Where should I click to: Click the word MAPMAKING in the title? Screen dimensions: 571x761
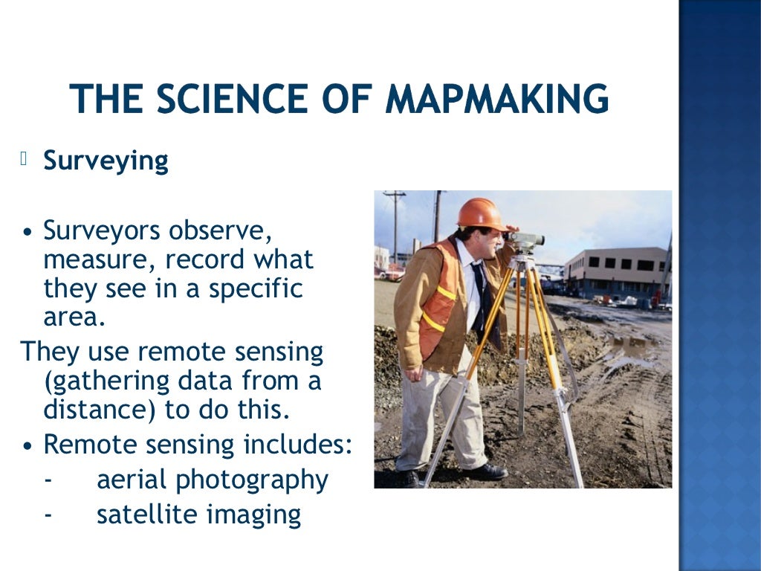pyautogui.click(x=499, y=100)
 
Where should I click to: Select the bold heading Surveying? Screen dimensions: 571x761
pyautogui.click(x=106, y=161)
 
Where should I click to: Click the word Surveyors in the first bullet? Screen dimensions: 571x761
pyautogui.click(x=102, y=231)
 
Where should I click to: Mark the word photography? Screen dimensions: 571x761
pyautogui.click(x=252, y=481)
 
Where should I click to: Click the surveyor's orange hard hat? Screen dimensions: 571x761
pyautogui.click(x=481, y=213)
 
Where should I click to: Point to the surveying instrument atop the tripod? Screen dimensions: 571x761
pyautogui.click(x=526, y=241)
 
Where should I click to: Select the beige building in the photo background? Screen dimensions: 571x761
pyautogui.click(x=614, y=272)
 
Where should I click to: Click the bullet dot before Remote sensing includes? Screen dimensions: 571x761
pyautogui.click(x=27, y=446)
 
